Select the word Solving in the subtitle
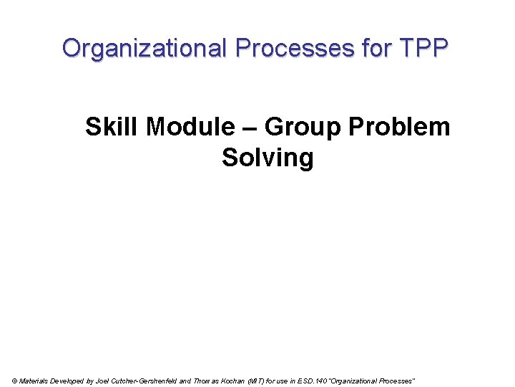coord(268,157)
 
